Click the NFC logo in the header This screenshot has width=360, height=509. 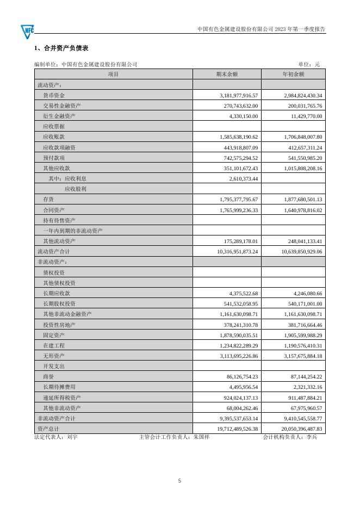[x=27, y=31]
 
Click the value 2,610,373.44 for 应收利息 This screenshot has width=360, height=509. [x=240, y=178]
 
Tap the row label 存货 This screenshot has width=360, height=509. [x=48, y=200]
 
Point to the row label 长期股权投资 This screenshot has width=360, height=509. [x=59, y=303]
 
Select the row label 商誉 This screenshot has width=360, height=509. [x=48, y=376]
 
